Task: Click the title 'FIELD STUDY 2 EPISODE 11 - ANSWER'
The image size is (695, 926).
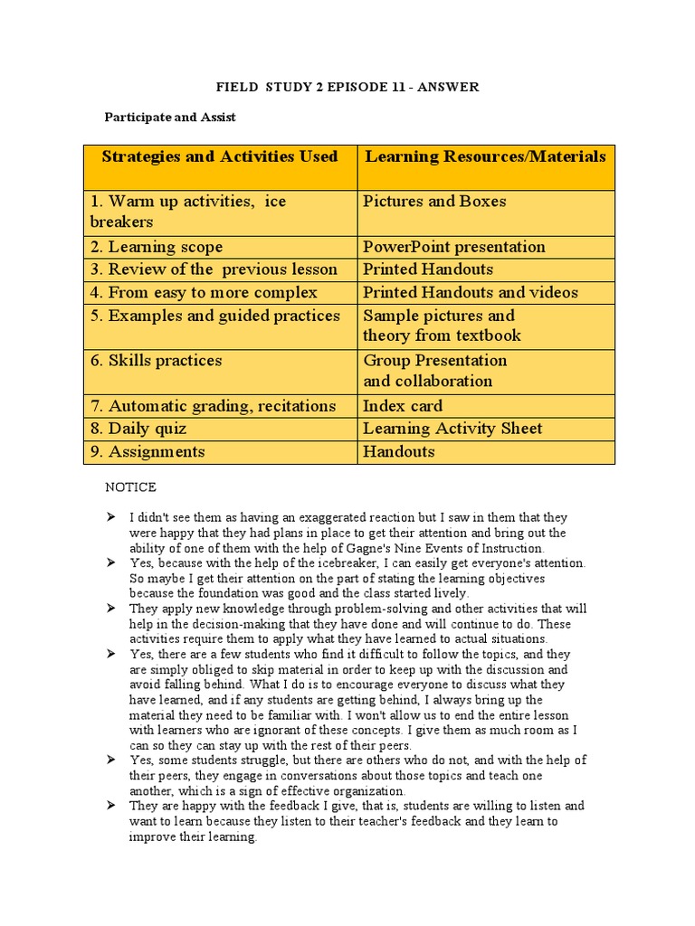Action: [347, 87]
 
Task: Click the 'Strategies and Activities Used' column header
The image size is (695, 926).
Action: [220, 156]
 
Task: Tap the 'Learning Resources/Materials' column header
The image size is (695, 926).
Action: [485, 156]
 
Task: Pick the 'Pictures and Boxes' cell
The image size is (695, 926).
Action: [434, 202]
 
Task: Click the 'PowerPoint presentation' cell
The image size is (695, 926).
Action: [453, 247]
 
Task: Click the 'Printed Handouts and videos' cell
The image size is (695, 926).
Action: [470, 292]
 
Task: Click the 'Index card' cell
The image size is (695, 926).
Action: [403, 406]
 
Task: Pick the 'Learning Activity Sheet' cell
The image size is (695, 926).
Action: [452, 429]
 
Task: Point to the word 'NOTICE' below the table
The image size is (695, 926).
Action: [130, 487]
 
